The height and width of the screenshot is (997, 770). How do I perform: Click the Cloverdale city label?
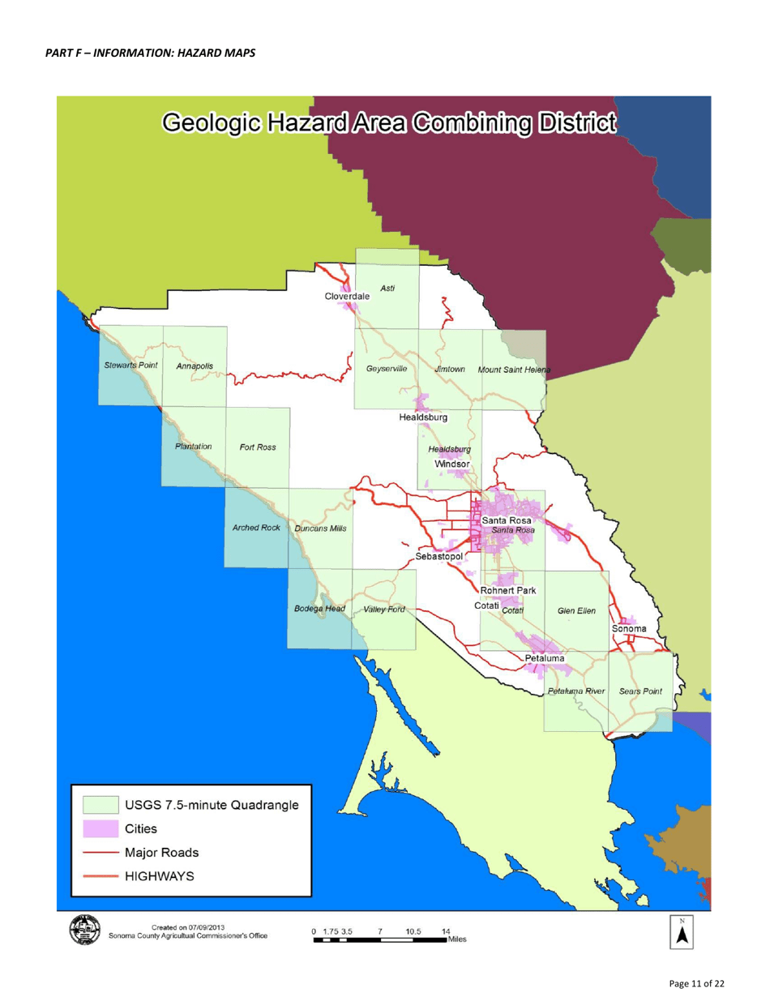point(347,297)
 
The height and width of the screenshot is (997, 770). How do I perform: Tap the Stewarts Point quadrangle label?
point(130,366)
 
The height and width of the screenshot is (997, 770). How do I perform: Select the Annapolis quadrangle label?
point(195,366)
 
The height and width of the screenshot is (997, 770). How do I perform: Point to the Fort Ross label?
point(258,447)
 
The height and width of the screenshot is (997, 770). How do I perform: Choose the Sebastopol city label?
point(438,558)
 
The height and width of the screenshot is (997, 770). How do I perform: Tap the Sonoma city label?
point(629,628)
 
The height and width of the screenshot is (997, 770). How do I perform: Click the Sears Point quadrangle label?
point(640,691)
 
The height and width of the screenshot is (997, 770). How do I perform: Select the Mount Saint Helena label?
point(514,370)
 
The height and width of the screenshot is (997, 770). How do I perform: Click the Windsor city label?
point(452,463)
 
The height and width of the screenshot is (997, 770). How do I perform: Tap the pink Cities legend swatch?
point(100,828)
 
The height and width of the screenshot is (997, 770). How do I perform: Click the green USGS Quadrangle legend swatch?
point(100,805)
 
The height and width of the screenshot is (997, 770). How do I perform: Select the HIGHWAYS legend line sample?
point(100,875)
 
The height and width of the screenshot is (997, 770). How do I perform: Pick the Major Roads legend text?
point(161,853)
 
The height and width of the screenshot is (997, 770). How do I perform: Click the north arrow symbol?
point(682,935)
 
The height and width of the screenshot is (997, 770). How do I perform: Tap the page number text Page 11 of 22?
point(702,983)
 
